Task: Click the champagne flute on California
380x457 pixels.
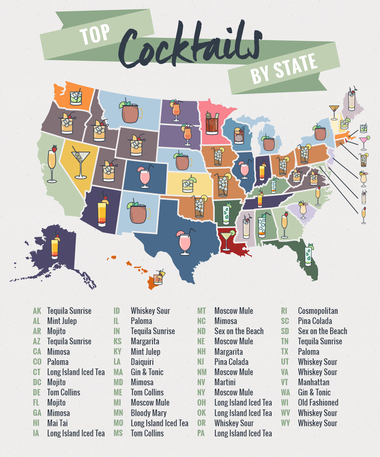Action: pos(52,165)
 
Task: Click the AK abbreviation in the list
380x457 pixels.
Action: pos(37,311)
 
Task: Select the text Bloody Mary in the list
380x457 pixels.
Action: pos(149,413)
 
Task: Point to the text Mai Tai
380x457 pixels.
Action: pos(57,423)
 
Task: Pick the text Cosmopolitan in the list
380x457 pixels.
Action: pos(318,311)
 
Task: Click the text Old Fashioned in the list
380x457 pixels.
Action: pos(318,403)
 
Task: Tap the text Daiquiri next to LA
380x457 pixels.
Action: pos(142,362)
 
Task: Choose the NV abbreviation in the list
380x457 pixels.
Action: pos(201,382)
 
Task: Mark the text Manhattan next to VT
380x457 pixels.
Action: pos(313,382)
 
